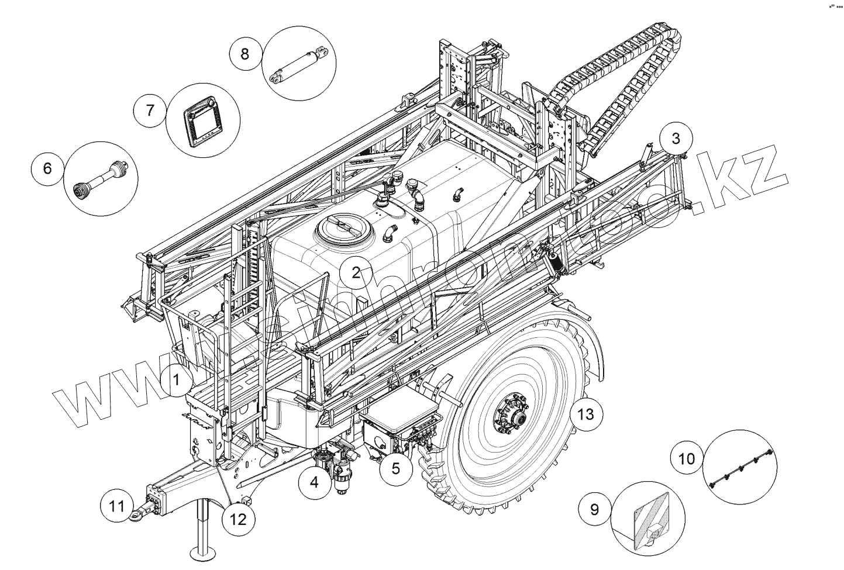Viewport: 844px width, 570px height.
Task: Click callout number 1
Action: (x=175, y=380)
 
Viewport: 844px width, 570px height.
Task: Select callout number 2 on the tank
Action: (x=356, y=272)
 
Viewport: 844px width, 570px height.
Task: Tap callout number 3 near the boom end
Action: (x=676, y=139)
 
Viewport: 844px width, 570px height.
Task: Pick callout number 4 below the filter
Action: (x=314, y=482)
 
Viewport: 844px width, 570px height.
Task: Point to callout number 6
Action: (x=47, y=168)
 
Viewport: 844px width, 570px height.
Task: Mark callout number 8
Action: (x=244, y=54)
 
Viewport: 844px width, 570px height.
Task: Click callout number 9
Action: (x=594, y=509)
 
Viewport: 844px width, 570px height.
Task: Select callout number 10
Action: (x=687, y=458)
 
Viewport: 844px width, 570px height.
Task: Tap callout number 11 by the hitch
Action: (x=118, y=506)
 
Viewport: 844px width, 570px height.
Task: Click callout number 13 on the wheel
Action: (x=585, y=414)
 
